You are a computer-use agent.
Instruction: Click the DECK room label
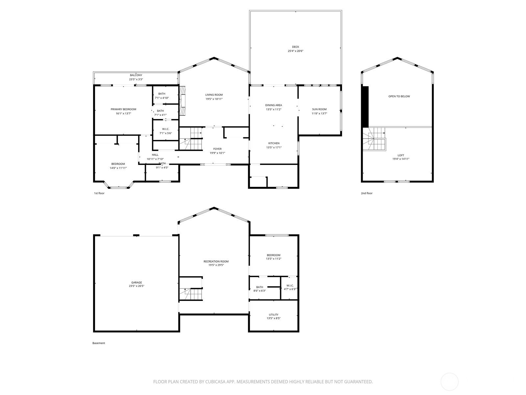pyautogui.click(x=296, y=47)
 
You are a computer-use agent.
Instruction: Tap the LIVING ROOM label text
pyautogui.click(x=214, y=95)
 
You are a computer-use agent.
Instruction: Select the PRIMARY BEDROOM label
pyautogui.click(x=123, y=109)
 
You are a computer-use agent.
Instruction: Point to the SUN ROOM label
pyautogui.click(x=319, y=109)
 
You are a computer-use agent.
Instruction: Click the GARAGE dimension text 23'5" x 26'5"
pyautogui.click(x=136, y=286)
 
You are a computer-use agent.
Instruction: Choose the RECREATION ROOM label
pyautogui.click(x=216, y=261)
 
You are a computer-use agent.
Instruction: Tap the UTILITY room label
pyautogui.click(x=274, y=314)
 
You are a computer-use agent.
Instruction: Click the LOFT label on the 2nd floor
pyautogui.click(x=401, y=155)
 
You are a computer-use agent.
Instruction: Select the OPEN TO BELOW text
pyautogui.click(x=399, y=96)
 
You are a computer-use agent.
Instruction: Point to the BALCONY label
pyautogui.click(x=136, y=75)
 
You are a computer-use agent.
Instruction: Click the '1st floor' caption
pyautogui.click(x=99, y=193)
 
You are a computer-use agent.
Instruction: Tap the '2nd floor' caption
pyautogui.click(x=367, y=193)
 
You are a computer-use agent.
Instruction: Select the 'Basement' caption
pyautogui.click(x=99, y=343)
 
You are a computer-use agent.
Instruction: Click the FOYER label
pyautogui.click(x=217, y=149)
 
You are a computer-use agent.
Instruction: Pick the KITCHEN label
pyautogui.click(x=274, y=143)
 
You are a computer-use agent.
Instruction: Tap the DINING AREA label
pyautogui.click(x=274, y=105)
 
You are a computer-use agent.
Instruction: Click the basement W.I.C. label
pyautogui.click(x=290, y=285)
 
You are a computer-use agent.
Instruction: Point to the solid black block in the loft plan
pyautogui.click(x=366, y=106)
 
